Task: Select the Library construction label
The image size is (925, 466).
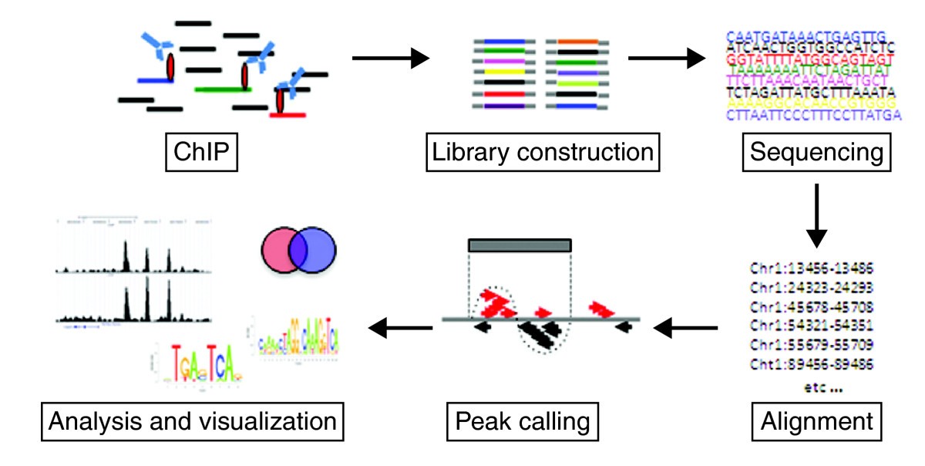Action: click(x=541, y=153)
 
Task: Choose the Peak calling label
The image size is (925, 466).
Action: click(x=523, y=421)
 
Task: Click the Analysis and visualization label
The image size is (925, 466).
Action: click(x=193, y=421)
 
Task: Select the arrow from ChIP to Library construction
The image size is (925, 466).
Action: click(x=390, y=57)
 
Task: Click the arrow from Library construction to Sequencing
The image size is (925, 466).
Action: click(x=668, y=57)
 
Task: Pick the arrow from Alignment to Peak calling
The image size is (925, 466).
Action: click(x=686, y=329)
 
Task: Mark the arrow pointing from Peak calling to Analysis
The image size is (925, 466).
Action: click(x=400, y=329)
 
